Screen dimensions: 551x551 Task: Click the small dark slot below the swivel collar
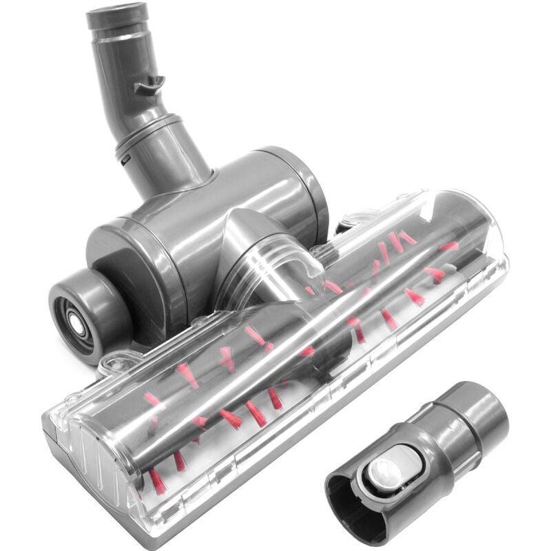point(127,159)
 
